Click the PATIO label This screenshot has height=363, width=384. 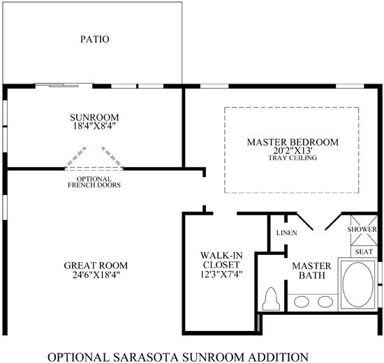[95, 39]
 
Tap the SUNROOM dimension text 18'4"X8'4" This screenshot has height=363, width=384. [94, 126]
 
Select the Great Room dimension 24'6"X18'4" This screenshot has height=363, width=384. [96, 275]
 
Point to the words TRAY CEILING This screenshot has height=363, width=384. [293, 157]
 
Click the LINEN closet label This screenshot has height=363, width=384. [286, 233]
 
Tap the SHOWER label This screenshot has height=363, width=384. [362, 229]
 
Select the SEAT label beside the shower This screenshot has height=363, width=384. [364, 252]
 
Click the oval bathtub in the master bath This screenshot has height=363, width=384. [357, 285]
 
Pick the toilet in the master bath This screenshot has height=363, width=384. [271, 299]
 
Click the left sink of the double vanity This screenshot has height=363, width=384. [302, 302]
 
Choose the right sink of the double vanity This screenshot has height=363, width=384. [325, 302]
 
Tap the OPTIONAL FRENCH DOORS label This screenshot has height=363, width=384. [94, 182]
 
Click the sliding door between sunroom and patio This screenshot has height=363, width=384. [64, 86]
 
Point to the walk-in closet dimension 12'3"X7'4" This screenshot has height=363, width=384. [221, 275]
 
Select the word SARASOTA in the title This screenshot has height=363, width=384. [145, 357]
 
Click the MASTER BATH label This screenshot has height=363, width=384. [311, 270]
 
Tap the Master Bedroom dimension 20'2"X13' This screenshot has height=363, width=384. [293, 150]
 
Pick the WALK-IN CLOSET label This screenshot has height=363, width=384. [221, 260]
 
